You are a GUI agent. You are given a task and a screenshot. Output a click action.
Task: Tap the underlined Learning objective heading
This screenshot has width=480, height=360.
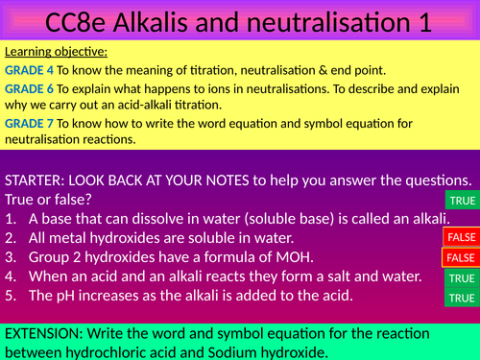[56, 52]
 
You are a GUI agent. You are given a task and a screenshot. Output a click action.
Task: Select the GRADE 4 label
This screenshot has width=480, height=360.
[29, 69]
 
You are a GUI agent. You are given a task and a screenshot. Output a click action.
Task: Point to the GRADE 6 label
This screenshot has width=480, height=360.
[29, 86]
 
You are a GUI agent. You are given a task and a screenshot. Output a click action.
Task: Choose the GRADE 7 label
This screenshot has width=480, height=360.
[29, 122]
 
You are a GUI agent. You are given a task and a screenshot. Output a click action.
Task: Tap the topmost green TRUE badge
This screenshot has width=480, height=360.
[461, 199]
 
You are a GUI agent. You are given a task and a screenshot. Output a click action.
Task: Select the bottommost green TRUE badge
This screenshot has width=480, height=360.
[461, 299]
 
